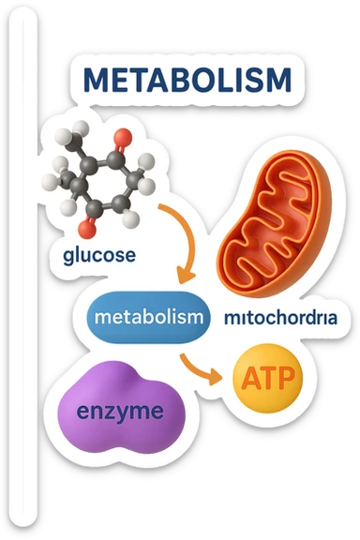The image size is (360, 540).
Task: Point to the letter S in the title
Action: click(251, 81)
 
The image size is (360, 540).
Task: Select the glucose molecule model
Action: click(100, 178)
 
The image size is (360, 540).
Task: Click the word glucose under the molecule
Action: click(99, 254)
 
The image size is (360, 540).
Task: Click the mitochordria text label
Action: click(280, 318)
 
